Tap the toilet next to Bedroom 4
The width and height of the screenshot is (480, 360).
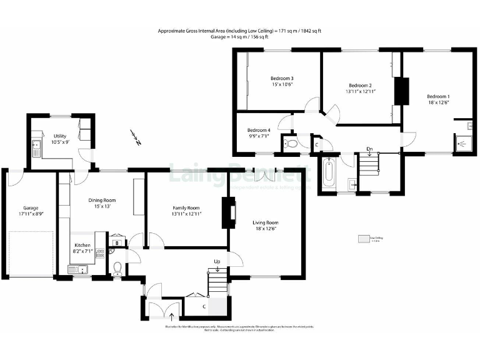point(291,144)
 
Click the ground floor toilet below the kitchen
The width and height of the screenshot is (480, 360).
point(117,269)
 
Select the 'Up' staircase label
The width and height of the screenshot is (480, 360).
point(217,261)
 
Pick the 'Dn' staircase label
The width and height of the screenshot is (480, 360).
point(369,148)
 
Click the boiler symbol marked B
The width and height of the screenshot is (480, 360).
point(117,243)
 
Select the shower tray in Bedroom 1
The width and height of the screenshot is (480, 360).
point(463,143)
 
